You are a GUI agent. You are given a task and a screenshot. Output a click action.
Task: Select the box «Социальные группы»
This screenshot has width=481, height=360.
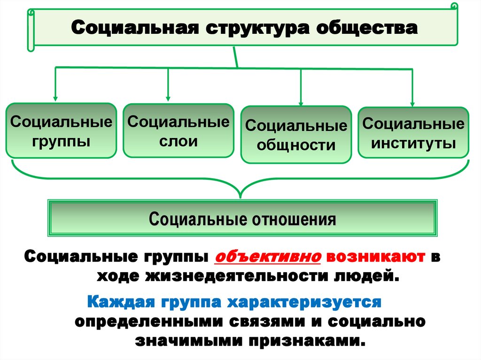tap(61, 130)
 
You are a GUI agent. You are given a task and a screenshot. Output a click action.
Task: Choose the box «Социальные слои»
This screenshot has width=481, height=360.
tap(178, 130)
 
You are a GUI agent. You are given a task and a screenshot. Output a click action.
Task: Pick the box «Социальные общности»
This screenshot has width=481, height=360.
tap(296, 135)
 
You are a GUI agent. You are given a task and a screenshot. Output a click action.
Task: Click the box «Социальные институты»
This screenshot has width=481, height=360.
tap(413, 132)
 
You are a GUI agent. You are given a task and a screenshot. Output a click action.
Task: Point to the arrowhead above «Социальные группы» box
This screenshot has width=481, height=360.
tap(55, 98)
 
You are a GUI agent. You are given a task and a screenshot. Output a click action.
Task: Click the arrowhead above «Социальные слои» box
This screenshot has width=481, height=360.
tap(168, 98)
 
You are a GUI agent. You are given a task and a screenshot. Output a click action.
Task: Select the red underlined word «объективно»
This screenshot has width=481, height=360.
tap(267, 257)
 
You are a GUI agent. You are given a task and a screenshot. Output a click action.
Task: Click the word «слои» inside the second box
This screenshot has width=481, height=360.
tap(178, 141)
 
